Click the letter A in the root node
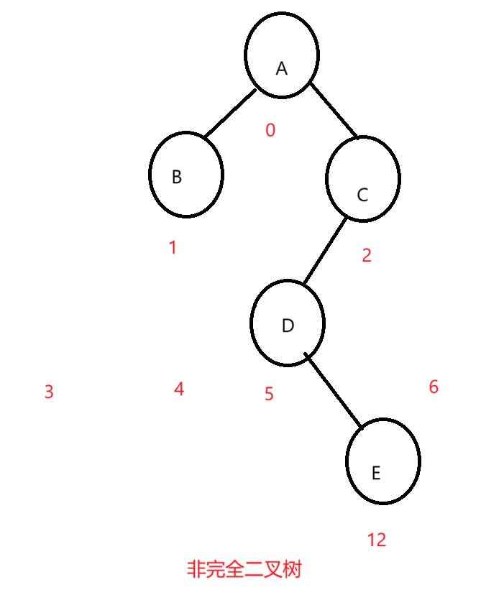click(x=282, y=69)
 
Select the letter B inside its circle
click(x=177, y=177)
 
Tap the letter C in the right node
click(x=362, y=195)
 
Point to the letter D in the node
click(x=288, y=326)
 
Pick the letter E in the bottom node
click(x=375, y=474)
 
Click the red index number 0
click(x=270, y=130)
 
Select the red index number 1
click(x=173, y=248)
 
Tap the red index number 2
click(x=367, y=255)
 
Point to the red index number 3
click(x=49, y=392)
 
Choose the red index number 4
click(x=179, y=389)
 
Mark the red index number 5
click(x=269, y=394)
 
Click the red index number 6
click(x=434, y=387)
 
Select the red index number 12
click(x=377, y=540)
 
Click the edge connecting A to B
click(x=229, y=114)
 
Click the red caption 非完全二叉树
click(x=244, y=570)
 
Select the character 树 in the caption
click(x=291, y=570)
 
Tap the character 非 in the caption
click(x=196, y=570)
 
